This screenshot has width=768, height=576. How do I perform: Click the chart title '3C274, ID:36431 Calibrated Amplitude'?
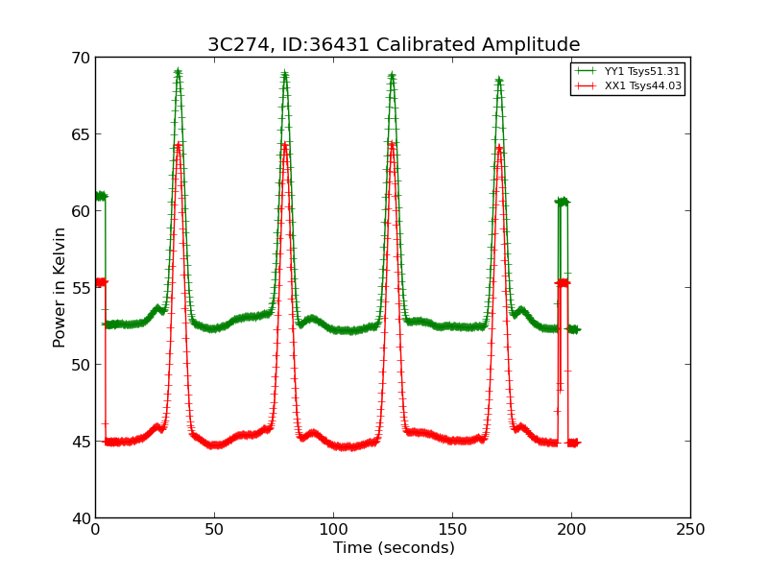click(394, 45)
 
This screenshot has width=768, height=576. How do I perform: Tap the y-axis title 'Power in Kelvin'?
click(60, 287)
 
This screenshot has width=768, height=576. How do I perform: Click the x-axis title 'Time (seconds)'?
click(394, 548)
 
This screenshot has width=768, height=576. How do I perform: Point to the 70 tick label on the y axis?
click(80, 58)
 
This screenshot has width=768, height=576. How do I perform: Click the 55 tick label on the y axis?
click(80, 288)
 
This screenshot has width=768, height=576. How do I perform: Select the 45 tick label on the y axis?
click(80, 442)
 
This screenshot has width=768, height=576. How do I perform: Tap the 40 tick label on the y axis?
click(80, 518)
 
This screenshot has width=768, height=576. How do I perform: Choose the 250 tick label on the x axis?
click(690, 529)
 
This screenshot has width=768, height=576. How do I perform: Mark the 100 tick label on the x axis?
click(333, 529)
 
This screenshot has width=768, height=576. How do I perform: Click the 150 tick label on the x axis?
click(452, 529)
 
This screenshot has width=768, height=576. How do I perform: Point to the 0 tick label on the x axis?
click(95, 529)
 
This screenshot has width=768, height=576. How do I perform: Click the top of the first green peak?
click(178, 72)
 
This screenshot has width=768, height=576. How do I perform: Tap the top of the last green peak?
click(499, 81)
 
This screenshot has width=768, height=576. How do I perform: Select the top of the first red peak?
click(178, 145)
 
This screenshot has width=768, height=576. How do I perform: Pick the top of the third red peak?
click(392, 144)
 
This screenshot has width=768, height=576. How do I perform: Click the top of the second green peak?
click(285, 75)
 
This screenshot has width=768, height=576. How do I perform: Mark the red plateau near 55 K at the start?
click(100, 282)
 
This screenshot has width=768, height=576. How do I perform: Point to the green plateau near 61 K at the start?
click(100, 196)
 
